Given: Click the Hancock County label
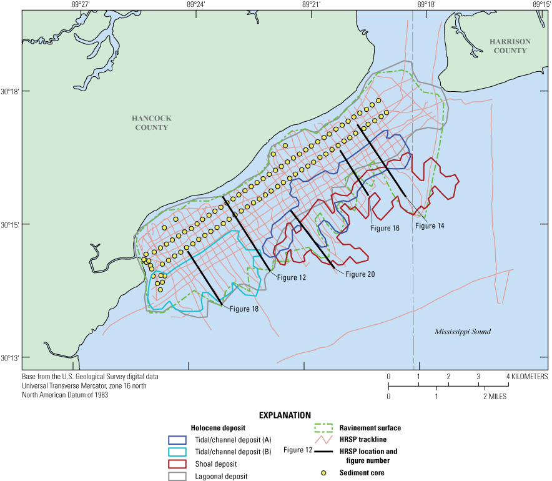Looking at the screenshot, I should point(151,122).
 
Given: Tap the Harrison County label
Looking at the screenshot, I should point(510,46).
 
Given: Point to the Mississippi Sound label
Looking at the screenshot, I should point(463,332).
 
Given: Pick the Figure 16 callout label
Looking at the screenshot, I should point(385,228).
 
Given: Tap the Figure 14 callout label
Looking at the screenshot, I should point(430,226).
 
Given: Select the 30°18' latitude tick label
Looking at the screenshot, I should point(11,91).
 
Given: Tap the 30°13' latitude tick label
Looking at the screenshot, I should point(11,358).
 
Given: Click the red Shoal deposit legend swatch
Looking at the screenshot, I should point(178,464).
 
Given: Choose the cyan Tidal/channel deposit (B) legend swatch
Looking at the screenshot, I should point(178,452).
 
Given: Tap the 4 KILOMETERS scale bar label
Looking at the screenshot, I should point(528,377).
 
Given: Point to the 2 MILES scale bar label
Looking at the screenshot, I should point(493,397).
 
